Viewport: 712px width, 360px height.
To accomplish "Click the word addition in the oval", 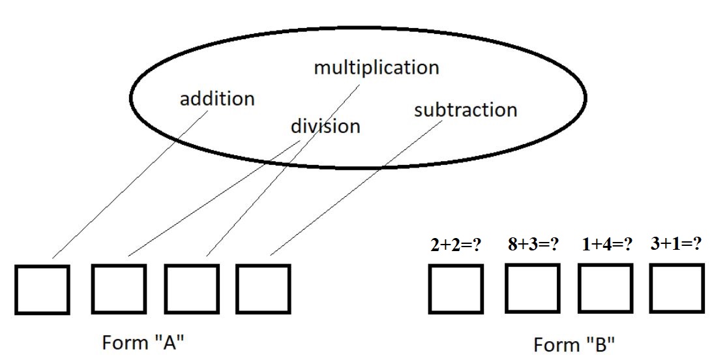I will pos(217,99).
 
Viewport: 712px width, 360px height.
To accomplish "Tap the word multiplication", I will pos(376,67).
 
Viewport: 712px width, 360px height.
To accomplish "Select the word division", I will pos(325,125).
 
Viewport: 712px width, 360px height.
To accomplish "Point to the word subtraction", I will pos(466,110).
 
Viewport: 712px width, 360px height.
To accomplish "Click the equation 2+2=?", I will pos(456,245).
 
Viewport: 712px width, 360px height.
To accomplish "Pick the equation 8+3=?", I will pos(533,245).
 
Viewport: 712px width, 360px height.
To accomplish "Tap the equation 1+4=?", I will pos(607,245).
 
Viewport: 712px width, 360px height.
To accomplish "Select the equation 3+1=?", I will pos(676,244).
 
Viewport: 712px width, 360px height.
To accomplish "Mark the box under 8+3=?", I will pos(532,288).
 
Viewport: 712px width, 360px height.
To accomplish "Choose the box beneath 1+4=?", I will pos(605,288).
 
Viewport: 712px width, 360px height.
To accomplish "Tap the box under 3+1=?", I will pos(677,288).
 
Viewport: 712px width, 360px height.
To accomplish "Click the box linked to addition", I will pos(42,289).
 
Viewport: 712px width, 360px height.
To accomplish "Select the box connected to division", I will pos(119,289).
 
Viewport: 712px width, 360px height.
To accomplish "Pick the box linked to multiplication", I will pos(190,289).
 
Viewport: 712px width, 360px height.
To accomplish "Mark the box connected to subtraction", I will pos(263,289).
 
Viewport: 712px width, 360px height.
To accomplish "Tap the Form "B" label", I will pos(574,344).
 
